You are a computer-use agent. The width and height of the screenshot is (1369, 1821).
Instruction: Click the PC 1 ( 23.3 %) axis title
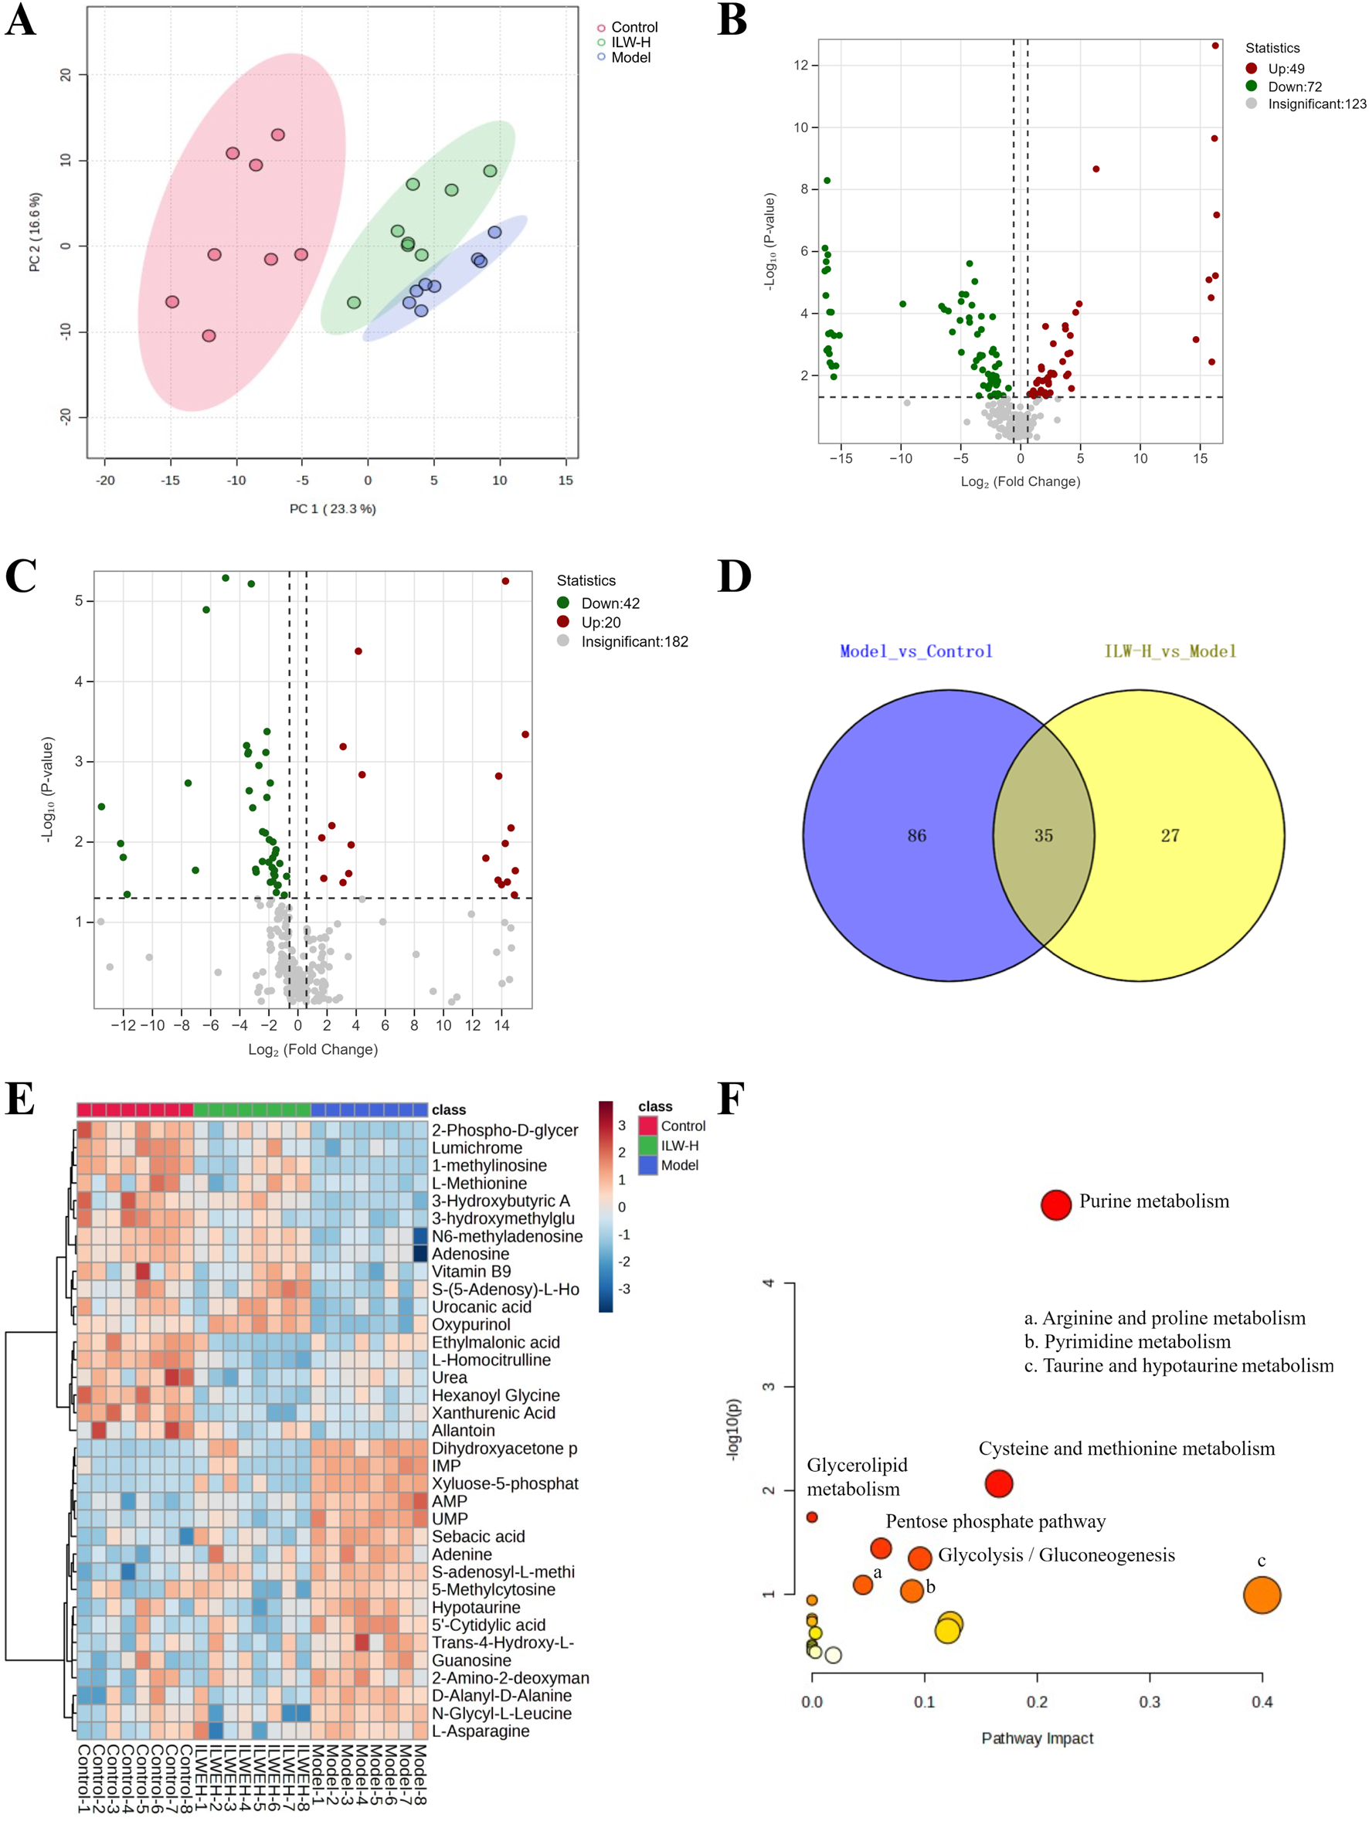332,509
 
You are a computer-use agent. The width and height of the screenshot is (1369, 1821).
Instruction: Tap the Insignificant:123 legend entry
1316,104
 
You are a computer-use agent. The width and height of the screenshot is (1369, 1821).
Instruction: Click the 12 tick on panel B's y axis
800,65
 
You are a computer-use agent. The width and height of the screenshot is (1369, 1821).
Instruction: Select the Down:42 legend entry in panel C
610,603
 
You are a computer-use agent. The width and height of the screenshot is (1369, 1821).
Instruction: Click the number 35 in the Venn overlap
1043,836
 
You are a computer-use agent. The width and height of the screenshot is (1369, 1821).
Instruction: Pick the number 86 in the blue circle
916,836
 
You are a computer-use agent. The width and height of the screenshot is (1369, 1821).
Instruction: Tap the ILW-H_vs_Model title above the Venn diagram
1170,651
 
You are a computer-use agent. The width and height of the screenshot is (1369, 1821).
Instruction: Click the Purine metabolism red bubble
1055,1204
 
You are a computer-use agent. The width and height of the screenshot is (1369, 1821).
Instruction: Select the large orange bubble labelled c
1261,1595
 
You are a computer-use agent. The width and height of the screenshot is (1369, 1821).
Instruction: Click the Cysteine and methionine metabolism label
1126,1449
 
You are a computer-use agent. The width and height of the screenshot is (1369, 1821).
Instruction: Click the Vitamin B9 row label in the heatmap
470,1272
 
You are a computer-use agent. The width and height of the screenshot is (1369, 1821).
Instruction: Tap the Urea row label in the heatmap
450,1378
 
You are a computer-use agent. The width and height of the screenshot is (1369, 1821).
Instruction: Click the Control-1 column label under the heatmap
83,1779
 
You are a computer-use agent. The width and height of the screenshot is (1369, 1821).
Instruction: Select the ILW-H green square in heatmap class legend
647,1146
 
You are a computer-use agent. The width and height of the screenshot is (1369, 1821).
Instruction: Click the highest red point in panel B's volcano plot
1215,46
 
